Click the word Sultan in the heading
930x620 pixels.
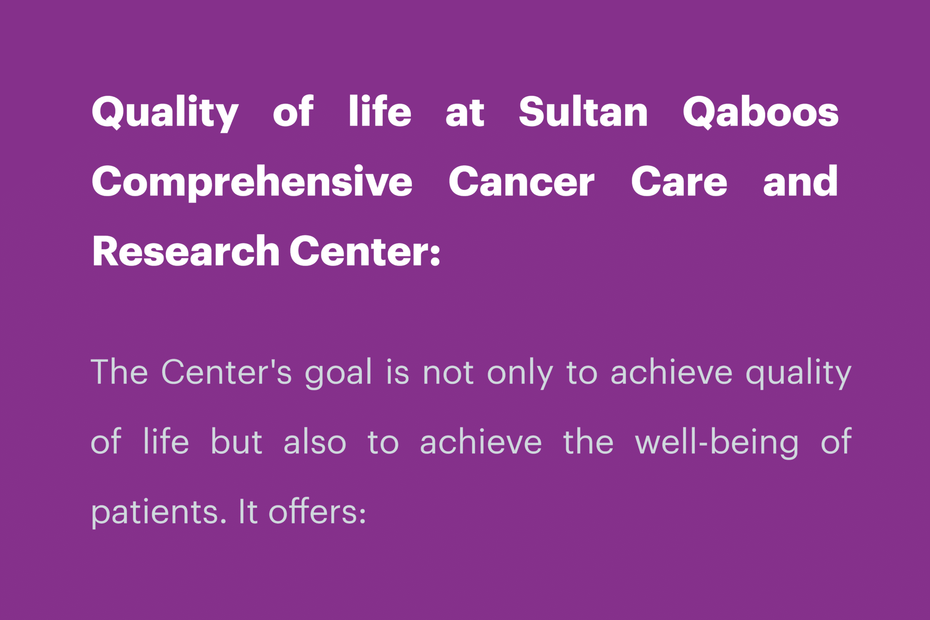583,111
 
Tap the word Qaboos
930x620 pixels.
761,112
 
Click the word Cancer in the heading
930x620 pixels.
521,181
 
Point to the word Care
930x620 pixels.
679,181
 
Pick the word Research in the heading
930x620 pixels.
186,251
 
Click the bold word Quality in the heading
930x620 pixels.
165,113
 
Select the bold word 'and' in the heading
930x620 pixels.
800,180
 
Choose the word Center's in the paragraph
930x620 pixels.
227,372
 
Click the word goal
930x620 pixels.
339,373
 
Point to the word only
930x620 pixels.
520,373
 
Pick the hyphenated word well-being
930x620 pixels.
717,443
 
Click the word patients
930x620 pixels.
159,512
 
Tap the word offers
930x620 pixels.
317,511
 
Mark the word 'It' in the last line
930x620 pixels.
248,511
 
